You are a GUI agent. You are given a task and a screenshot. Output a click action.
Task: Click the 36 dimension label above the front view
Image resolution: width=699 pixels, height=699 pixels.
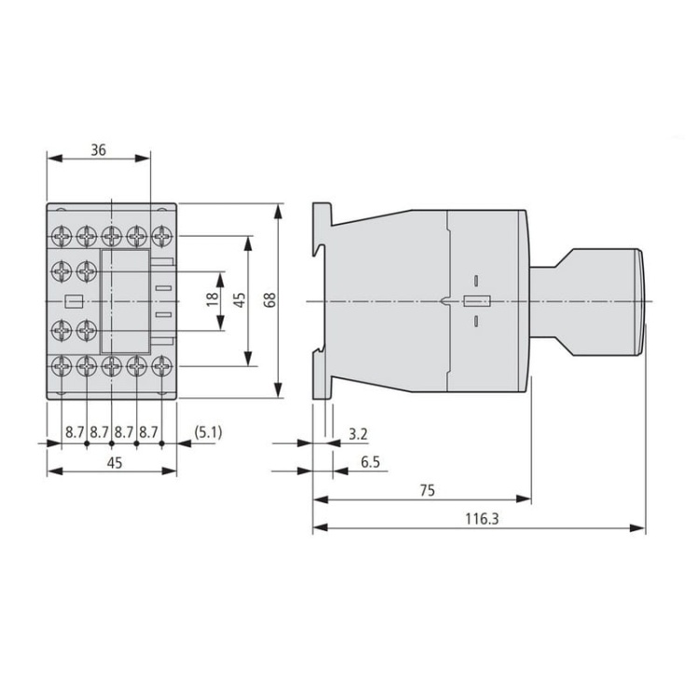[x=97, y=148]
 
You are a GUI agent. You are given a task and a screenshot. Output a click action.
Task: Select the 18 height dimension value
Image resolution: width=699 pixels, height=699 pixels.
[x=213, y=300]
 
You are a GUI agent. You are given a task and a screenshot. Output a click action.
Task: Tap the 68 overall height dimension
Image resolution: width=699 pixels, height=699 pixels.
[x=269, y=300]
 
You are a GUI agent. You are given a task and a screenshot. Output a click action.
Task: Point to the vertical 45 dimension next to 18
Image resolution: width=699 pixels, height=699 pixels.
[x=240, y=300]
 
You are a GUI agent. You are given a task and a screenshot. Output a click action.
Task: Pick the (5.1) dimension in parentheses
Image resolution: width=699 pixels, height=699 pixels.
[x=206, y=432]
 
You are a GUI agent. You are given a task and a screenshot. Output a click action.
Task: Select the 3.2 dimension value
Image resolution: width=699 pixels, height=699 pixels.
[x=357, y=433]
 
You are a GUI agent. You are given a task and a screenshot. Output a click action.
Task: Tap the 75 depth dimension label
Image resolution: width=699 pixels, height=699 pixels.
[x=425, y=489]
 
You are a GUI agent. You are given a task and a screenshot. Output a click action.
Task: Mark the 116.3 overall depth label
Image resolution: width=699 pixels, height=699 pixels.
[x=482, y=518]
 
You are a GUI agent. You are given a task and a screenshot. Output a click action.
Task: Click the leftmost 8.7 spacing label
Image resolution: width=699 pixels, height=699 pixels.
[x=75, y=432]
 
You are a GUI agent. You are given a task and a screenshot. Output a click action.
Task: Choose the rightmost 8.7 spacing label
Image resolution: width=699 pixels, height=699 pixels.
[x=149, y=432]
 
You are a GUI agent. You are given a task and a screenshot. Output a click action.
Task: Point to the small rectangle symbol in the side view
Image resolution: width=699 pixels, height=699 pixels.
[x=474, y=301]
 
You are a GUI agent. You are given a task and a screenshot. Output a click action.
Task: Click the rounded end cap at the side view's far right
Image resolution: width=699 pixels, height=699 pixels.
[x=640, y=300]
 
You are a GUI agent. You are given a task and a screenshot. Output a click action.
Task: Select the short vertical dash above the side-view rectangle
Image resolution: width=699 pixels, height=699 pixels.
[x=474, y=280]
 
